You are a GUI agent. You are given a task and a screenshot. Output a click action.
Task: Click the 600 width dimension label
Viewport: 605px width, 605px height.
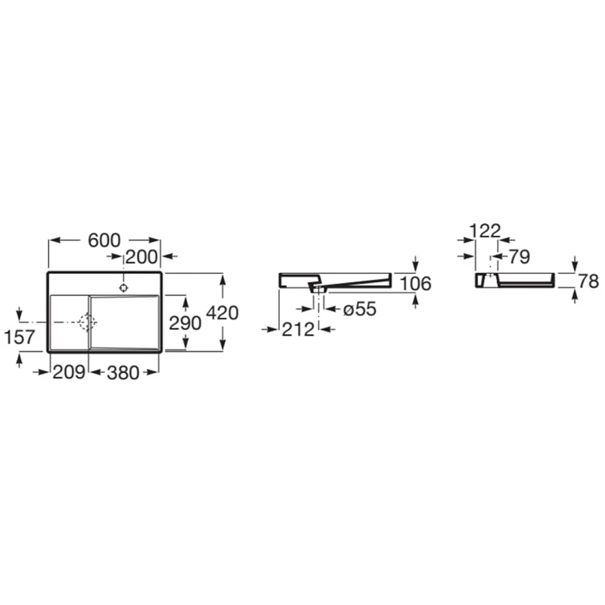tap(104, 240)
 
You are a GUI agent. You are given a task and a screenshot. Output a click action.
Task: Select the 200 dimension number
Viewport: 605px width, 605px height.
tap(141, 257)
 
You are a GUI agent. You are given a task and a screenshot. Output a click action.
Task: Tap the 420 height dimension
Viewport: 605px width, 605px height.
tap(222, 312)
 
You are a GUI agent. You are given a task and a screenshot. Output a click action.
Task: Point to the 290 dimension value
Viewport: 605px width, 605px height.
tap(185, 323)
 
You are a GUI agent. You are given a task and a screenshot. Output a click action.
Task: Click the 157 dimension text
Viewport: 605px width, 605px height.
tap(20, 337)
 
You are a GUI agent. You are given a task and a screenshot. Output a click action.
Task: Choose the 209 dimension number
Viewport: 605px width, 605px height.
tap(69, 372)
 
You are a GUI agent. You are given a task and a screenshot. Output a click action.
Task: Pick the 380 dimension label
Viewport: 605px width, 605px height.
tap(123, 373)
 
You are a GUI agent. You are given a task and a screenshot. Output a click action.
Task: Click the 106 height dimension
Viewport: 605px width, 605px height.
tap(415, 284)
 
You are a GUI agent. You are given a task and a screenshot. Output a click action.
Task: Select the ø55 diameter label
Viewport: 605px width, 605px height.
tap(360, 309)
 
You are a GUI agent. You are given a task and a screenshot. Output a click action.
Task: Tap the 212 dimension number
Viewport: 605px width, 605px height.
tap(298, 330)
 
